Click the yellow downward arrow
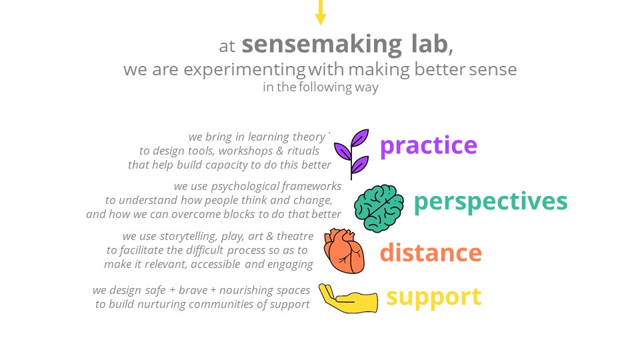(x=321, y=12)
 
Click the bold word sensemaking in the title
(x=322, y=45)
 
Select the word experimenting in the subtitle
(x=245, y=70)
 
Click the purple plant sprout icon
(x=351, y=154)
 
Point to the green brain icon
(x=379, y=208)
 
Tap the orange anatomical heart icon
(x=344, y=251)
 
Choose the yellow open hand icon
(x=348, y=299)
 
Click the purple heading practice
(x=428, y=146)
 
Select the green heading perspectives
(x=491, y=201)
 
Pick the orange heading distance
(x=431, y=252)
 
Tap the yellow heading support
(x=433, y=297)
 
